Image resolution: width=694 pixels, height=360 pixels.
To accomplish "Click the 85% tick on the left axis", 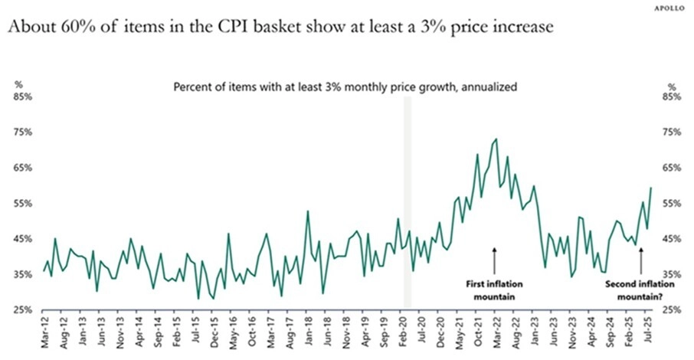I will pos(21,97).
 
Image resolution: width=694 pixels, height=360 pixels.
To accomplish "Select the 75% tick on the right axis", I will pos(670,133).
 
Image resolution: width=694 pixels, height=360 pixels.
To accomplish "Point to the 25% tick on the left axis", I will pos(21,309).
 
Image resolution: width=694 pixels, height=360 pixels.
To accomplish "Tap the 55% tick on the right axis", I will pos(670,204).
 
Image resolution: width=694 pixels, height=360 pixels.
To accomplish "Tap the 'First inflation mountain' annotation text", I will pos(494,290).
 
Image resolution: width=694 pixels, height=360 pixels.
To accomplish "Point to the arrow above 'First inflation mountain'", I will pos(494,260).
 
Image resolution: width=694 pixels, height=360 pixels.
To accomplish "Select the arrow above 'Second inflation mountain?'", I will pos(640,260).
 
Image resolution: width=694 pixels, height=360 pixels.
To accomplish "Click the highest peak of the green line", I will pos(496,139).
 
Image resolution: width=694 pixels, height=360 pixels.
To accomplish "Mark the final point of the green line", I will pos(651,188).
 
